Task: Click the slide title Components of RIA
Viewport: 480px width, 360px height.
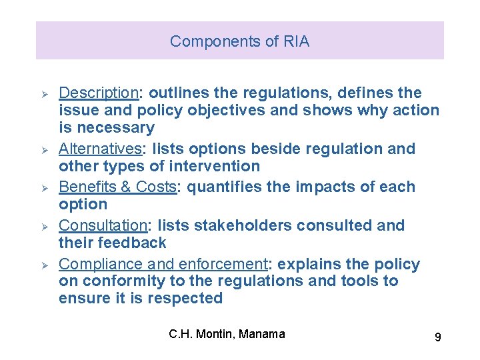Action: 239,41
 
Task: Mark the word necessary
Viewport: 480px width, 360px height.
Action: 115,127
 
